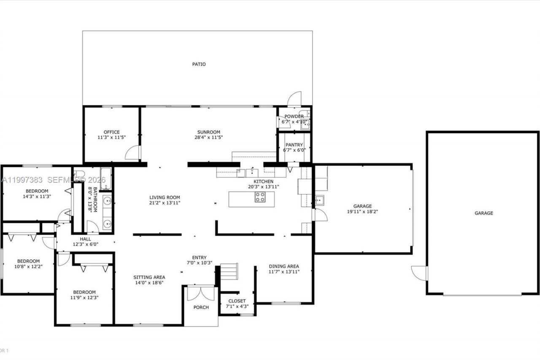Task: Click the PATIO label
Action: click(x=199, y=65)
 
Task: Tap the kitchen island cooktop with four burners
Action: click(x=260, y=197)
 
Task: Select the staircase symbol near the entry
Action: click(x=229, y=271)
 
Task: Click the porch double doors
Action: click(x=201, y=293)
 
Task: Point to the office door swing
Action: click(x=133, y=153)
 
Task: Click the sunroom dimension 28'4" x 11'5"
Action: click(x=209, y=137)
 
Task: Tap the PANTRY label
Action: click(x=294, y=145)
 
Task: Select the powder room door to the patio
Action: click(x=294, y=99)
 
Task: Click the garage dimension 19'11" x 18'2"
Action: click(x=362, y=212)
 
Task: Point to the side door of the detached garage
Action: click(x=419, y=273)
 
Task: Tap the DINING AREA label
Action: click(x=284, y=266)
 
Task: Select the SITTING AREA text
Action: click(x=149, y=277)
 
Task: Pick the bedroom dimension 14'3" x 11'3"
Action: click(x=37, y=196)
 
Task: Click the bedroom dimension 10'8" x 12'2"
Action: click(x=28, y=266)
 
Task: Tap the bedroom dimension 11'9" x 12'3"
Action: click(x=84, y=298)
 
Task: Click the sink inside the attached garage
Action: click(x=319, y=200)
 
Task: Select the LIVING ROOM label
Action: click(x=165, y=197)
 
